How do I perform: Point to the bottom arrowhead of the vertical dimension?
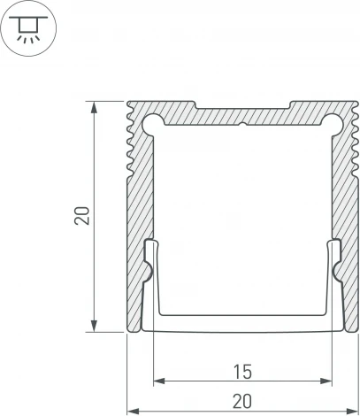click(x=94, y=327)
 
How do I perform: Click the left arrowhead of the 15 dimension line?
click(x=158, y=382)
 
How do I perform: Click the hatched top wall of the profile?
click(x=242, y=115)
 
